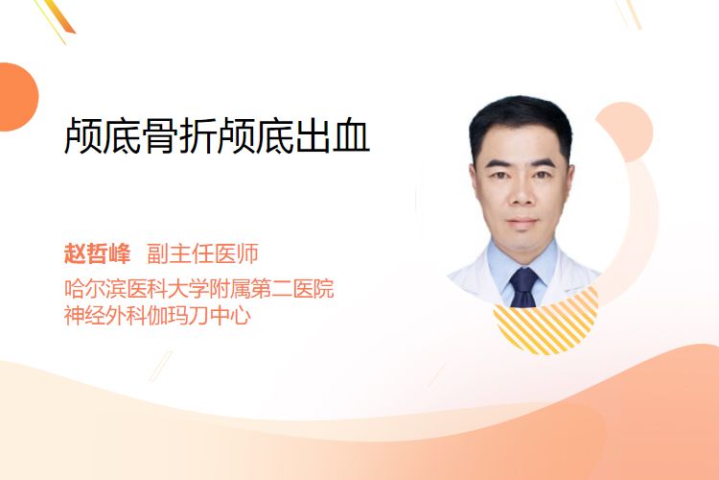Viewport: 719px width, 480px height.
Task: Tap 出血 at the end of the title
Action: [333, 135]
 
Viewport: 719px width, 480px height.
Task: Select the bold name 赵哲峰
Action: [97, 253]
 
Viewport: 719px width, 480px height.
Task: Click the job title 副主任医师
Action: [202, 253]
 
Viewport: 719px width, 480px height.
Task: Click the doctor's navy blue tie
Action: [523, 287]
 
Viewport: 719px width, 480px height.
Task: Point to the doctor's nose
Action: [522, 194]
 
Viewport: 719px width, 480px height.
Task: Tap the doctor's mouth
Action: [522, 222]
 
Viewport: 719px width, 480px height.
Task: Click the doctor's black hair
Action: [522, 119]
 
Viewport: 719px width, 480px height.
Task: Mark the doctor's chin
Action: [522, 241]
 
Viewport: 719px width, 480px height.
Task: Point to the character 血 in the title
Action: [351, 135]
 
